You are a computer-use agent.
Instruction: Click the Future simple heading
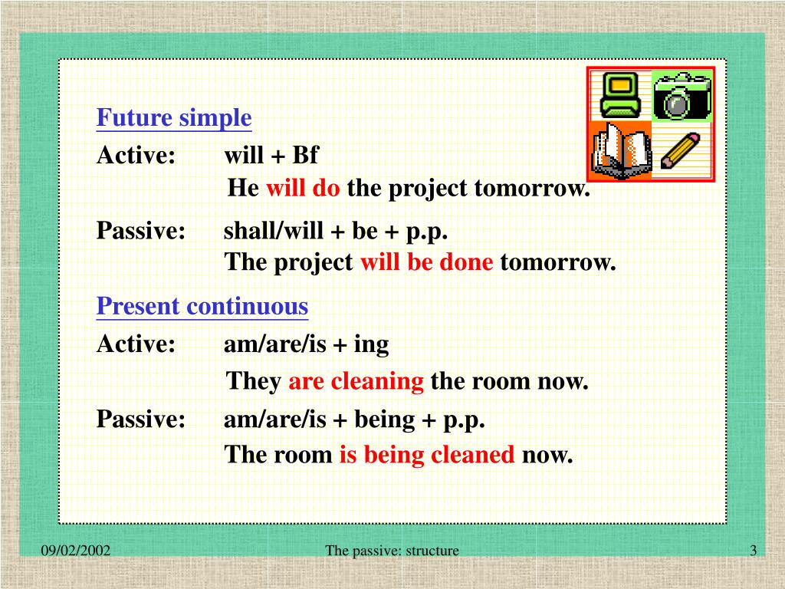pos(174,118)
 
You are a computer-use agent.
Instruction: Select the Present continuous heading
pos(202,306)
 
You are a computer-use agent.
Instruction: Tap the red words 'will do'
pos(303,188)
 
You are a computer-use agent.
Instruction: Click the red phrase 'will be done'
pos(426,262)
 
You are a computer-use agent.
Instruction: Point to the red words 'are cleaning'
pos(356,382)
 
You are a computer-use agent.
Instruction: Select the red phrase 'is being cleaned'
pos(427,455)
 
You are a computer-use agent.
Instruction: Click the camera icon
pos(682,96)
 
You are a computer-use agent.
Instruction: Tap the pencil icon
pos(680,150)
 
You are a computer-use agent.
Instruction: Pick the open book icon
pos(621,150)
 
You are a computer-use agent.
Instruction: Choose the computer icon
pos(620,94)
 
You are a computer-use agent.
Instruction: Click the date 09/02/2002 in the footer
pos(76,551)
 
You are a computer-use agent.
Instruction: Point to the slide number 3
pos(754,551)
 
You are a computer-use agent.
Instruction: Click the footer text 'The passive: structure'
pos(392,551)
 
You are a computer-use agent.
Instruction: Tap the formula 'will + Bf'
pos(271,155)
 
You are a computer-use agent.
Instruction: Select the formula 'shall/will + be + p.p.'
pos(336,231)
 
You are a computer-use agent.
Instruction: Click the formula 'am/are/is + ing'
pos(306,344)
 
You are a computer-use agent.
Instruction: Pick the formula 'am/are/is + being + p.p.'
pos(354,420)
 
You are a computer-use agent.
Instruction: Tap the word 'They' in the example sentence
pos(254,382)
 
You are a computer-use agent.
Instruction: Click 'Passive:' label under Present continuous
pos(141,419)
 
